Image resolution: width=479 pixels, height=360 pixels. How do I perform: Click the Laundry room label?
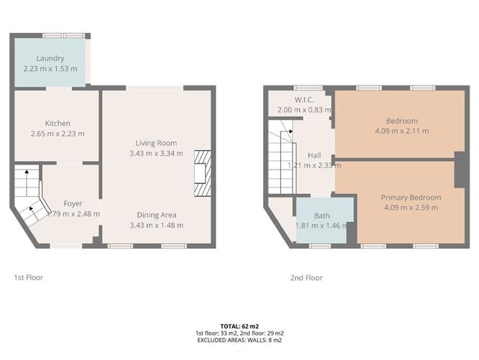coord(50,58)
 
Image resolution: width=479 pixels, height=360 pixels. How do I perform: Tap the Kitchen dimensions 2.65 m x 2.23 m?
coord(57,134)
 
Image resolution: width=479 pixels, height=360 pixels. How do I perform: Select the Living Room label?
coord(157,143)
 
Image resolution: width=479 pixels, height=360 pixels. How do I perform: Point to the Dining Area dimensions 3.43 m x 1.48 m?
coord(157,225)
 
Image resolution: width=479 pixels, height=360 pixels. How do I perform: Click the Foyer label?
coord(73,203)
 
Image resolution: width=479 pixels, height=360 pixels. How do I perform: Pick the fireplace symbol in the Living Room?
coord(204,172)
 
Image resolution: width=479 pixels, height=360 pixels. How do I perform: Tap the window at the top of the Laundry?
coord(62,34)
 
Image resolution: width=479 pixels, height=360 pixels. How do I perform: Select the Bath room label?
coord(322,215)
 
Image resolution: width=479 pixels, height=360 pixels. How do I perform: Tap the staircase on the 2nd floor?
coord(282,158)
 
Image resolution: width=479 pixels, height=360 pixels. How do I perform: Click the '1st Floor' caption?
coord(29,277)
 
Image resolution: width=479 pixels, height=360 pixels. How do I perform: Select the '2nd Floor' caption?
coord(306,277)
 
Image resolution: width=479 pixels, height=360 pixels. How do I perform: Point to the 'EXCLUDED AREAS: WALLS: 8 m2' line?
coord(239,340)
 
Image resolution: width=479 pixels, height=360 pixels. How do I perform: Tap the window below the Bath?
coord(320,246)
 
